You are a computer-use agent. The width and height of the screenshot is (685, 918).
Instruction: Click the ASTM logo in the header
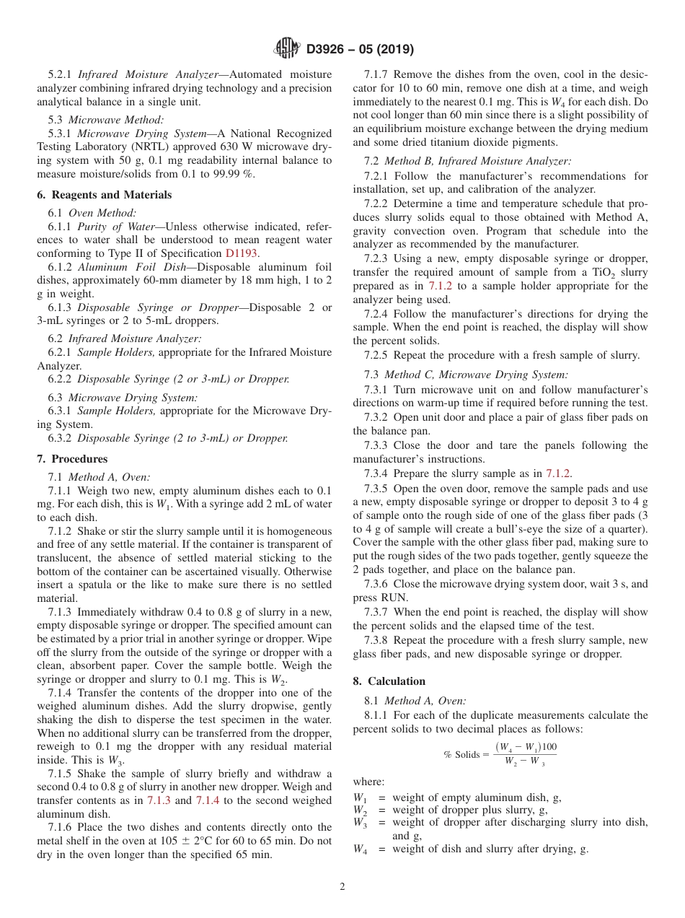pyautogui.click(x=288, y=49)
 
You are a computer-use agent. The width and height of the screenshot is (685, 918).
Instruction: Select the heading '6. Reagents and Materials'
pyautogui.click(x=105, y=195)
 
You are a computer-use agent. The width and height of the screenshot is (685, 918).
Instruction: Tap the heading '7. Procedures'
pyautogui.click(x=72, y=459)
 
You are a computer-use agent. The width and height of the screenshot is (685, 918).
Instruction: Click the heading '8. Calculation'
pyautogui.click(x=389, y=681)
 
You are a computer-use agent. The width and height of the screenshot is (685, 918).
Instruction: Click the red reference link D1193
pyautogui.click(x=242, y=253)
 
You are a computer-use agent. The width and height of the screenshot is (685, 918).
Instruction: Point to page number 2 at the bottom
pyautogui.click(x=342, y=887)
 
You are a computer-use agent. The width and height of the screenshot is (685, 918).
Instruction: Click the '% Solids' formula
pyautogui.click(x=500, y=754)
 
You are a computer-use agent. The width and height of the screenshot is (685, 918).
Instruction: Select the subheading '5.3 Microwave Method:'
pyautogui.click(x=106, y=120)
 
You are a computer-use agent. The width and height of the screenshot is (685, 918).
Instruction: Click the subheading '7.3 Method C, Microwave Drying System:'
pyautogui.click(x=466, y=375)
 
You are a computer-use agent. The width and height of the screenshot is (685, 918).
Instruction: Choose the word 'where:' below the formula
pyautogui.click(x=368, y=782)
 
